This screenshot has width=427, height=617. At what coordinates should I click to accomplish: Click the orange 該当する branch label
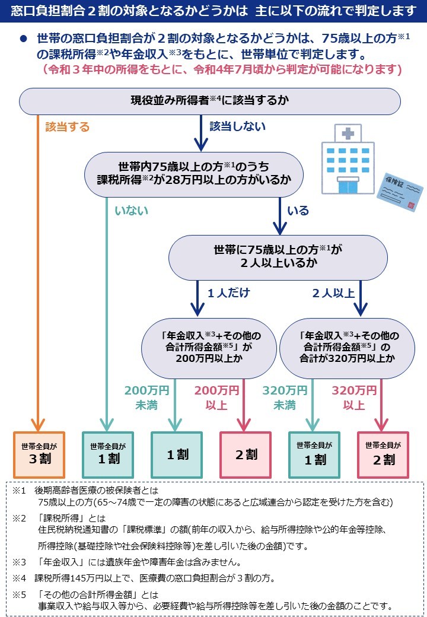(x=67, y=127)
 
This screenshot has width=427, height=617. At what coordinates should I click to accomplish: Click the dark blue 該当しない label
(x=237, y=126)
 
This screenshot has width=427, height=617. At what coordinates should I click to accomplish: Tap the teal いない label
(x=131, y=211)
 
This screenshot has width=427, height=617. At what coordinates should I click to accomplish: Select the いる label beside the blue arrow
(x=298, y=211)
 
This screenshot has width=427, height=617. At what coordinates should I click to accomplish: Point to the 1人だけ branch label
(x=228, y=292)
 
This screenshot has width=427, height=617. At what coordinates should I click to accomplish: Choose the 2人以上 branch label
(x=333, y=293)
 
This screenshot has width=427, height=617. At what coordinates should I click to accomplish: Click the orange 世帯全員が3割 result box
(x=39, y=455)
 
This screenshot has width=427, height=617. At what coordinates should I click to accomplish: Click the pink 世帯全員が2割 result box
(x=383, y=455)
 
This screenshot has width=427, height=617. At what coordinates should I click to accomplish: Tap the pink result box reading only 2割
(x=246, y=455)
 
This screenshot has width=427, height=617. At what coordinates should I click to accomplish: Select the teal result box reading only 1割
(x=177, y=455)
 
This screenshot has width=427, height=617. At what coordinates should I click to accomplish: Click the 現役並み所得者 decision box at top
(x=210, y=101)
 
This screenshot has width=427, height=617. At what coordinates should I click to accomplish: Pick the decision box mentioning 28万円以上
(x=194, y=174)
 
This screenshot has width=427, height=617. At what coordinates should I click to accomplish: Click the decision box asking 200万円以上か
(x=209, y=348)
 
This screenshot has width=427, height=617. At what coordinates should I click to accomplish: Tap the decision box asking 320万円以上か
(x=347, y=348)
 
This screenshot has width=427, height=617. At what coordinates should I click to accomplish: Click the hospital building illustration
(x=348, y=159)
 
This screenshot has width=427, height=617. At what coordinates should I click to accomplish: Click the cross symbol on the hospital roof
(x=348, y=133)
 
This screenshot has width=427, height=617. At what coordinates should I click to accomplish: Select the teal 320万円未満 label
(x=285, y=397)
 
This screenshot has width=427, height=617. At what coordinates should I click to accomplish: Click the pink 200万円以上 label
(x=216, y=397)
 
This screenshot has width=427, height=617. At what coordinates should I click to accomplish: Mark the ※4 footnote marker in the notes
(x=19, y=578)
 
